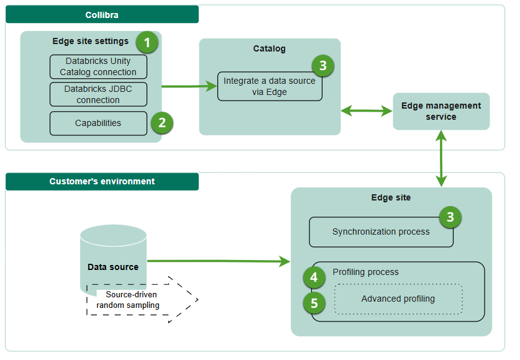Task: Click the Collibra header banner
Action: [x=102, y=14]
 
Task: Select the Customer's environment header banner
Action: [x=102, y=182]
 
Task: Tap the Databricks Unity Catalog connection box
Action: [x=98, y=67]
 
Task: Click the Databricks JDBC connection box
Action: [x=98, y=94]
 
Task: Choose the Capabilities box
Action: [x=98, y=123]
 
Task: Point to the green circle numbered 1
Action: [x=147, y=43]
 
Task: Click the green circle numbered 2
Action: [x=162, y=122]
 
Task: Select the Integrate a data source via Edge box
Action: [x=270, y=86]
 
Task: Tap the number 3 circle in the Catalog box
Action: [x=322, y=65]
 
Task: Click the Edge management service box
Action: [x=441, y=111]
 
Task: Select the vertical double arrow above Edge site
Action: [x=441, y=158]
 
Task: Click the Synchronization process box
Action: [x=381, y=232]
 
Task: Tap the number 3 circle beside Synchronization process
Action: [x=450, y=217]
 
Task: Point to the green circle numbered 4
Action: [x=314, y=277]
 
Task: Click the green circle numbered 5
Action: [x=314, y=304]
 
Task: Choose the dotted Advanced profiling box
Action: [x=398, y=299]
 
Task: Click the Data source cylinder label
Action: [x=113, y=267]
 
